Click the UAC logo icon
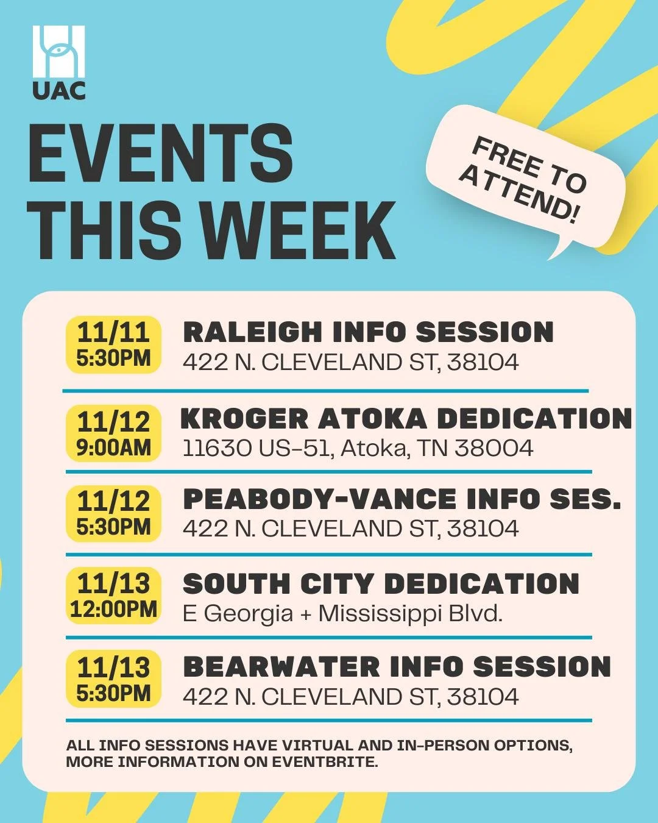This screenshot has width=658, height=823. (58, 51)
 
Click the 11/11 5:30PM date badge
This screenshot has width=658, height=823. (113, 344)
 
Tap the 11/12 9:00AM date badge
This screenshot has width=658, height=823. (113, 433)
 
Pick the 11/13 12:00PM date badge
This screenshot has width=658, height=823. (113, 595)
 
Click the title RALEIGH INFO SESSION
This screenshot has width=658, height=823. (368, 332)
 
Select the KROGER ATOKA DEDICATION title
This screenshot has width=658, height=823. (406, 419)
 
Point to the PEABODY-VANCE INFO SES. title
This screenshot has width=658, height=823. (402, 499)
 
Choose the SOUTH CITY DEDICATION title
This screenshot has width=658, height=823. (381, 584)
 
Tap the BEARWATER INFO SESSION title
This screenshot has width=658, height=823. (397, 667)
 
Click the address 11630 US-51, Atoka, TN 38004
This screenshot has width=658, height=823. (358, 449)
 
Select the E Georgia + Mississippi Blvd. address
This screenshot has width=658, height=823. (342, 613)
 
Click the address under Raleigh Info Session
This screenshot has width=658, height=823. (350, 363)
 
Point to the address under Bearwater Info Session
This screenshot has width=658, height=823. (350, 697)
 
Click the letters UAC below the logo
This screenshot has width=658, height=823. (58, 90)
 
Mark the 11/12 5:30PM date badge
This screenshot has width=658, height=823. (113, 514)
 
